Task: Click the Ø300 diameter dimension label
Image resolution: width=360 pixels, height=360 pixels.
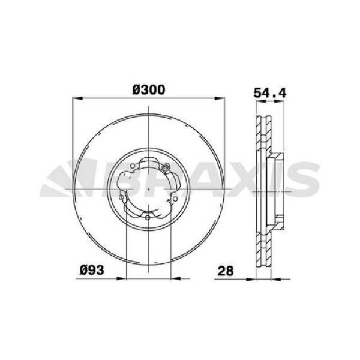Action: point(148,89)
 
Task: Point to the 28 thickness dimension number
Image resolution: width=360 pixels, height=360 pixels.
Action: point(226,270)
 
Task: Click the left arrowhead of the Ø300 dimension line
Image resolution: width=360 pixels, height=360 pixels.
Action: point(75,98)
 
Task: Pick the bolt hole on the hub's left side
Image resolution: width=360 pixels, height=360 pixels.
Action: point(122,196)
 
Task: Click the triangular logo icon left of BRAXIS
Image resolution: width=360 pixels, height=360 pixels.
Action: point(60,181)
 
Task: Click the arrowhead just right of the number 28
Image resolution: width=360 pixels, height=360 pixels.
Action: point(252,278)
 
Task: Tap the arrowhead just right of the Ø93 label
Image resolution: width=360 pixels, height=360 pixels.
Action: point(122,278)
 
